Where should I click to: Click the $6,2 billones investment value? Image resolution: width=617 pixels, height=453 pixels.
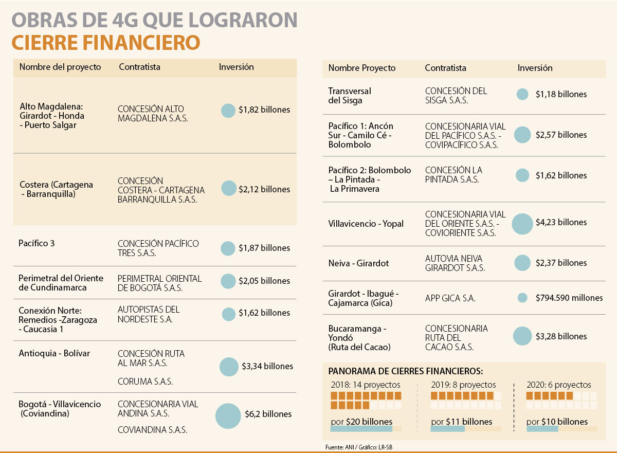point(268,414)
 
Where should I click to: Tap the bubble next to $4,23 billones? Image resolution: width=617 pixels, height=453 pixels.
point(522,223)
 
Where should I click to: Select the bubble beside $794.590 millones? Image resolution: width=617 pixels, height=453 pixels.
point(522,298)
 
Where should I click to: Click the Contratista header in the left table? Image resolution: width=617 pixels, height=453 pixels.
point(139,67)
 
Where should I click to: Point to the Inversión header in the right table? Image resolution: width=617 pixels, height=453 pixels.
point(535,68)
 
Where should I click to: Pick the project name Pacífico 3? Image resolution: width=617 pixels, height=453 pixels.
point(37,243)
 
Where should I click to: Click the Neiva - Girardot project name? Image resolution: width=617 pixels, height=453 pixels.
point(358,263)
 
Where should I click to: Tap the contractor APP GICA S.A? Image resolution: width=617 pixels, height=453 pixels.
point(450,298)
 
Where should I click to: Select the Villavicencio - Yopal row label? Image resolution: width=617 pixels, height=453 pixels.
point(366,224)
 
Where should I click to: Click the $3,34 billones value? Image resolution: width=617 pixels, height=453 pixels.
point(267,366)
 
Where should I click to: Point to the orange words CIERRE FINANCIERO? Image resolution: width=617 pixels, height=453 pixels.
point(105,42)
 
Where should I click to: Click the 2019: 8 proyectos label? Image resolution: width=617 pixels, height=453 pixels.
point(463,385)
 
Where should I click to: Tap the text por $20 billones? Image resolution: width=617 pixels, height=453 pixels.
point(361,422)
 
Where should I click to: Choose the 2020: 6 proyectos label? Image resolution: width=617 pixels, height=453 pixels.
point(559,385)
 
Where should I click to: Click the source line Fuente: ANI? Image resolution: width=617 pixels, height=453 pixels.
point(340,447)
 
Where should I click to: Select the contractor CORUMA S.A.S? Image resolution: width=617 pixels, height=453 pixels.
point(145,382)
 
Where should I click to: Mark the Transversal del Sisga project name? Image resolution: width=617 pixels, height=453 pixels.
point(350,96)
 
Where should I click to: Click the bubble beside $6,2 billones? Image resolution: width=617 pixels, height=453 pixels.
point(228,416)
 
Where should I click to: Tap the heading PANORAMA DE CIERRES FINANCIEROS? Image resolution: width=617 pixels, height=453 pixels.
point(406,371)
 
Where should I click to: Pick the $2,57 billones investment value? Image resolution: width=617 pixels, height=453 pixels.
point(561,135)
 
